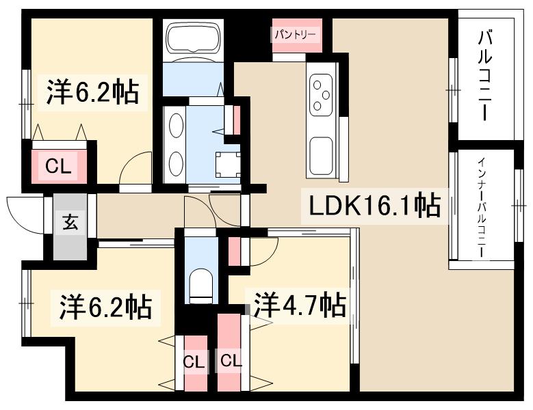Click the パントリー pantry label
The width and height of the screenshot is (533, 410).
[x=296, y=33]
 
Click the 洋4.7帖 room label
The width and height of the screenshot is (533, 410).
[x=299, y=304]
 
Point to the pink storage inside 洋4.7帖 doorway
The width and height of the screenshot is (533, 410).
[x=235, y=251]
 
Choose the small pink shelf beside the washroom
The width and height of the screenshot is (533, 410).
[x=237, y=120]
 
